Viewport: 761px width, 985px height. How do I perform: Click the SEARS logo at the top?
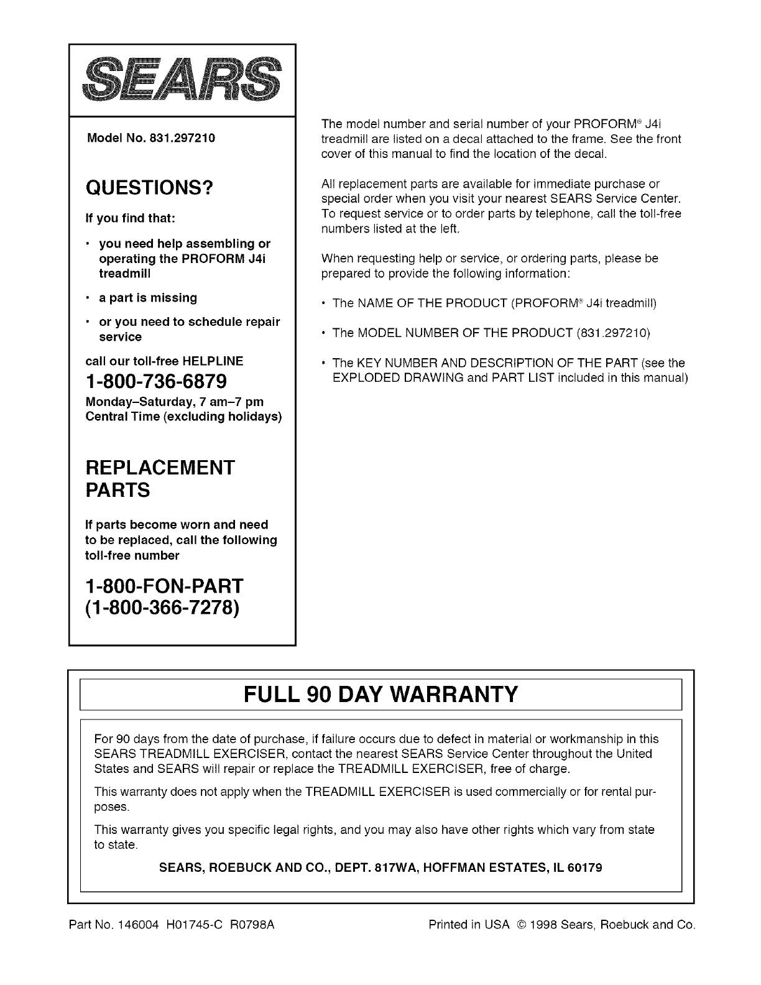(x=182, y=80)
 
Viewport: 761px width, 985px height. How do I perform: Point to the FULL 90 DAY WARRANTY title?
(x=380, y=694)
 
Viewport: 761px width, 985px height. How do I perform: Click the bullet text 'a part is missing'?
(x=148, y=298)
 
